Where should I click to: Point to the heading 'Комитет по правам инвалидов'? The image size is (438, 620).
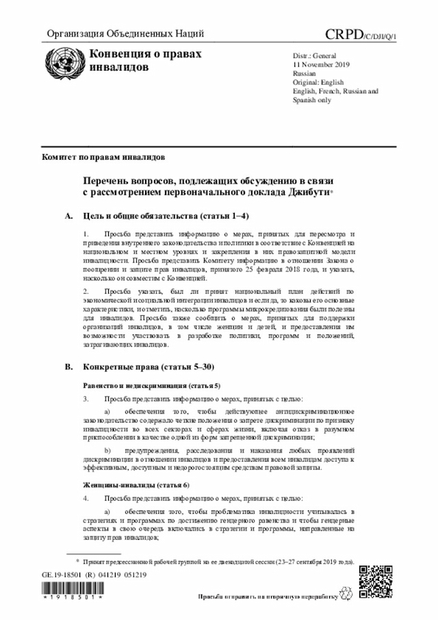coord(103,157)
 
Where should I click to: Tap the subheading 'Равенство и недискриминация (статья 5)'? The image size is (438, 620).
coord(151,386)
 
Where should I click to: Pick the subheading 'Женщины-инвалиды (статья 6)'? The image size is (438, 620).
coord(131,484)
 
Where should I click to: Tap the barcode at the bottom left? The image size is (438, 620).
coord(71,593)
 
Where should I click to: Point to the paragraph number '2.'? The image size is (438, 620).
coord(86,291)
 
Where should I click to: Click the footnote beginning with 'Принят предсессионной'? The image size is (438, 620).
coord(219,560)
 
